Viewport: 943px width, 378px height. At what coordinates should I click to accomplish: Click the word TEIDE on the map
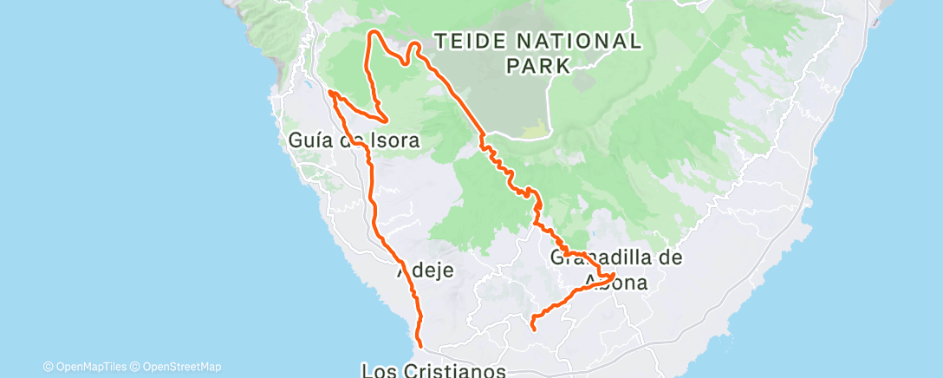[x=470, y=41]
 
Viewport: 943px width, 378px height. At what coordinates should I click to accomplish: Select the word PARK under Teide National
[x=538, y=65]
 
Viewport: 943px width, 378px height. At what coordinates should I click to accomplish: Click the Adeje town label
[x=426, y=271]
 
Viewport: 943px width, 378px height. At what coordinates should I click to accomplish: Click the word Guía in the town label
[x=308, y=140]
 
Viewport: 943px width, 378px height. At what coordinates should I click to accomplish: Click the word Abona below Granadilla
[x=615, y=282]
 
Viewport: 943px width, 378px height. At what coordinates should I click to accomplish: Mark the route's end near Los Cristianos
[x=419, y=345]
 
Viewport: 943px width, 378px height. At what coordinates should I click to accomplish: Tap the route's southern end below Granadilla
[x=533, y=329]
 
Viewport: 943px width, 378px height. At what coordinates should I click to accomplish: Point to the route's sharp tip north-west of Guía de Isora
[x=330, y=91]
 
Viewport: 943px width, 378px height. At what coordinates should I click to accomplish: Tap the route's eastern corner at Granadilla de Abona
[x=615, y=275]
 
